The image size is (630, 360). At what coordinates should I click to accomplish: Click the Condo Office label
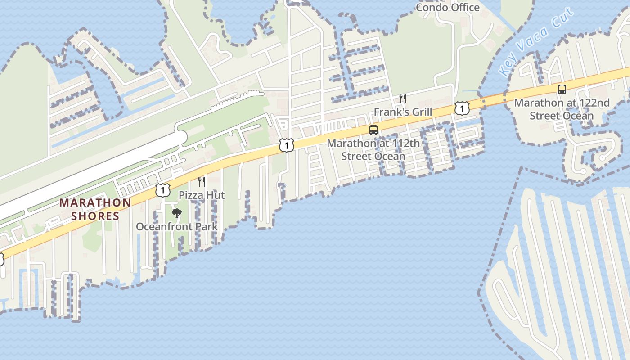tap(447, 7)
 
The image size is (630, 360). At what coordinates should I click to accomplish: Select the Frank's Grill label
tap(403, 112)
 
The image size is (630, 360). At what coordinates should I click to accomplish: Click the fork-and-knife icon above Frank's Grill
tap(403, 99)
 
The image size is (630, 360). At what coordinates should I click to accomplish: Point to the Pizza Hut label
tap(202, 195)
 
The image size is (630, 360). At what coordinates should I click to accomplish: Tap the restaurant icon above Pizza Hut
tap(202, 182)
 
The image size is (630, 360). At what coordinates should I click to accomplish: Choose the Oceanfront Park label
tap(177, 226)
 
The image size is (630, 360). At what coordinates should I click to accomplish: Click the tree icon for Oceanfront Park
tap(177, 213)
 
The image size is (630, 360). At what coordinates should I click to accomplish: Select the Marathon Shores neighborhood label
tap(95, 209)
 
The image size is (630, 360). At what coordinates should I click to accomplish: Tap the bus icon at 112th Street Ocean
tap(373, 130)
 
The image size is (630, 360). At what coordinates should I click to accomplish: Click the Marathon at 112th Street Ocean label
tap(373, 150)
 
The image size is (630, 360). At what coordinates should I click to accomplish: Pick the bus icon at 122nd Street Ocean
tap(562, 89)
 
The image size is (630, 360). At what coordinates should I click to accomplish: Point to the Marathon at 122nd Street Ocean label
tap(562, 109)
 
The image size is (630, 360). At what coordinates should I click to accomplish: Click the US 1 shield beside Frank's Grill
tap(462, 108)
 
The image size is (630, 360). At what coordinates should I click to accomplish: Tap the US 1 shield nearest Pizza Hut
tap(163, 190)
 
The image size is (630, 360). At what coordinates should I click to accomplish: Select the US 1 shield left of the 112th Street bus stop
tap(286, 145)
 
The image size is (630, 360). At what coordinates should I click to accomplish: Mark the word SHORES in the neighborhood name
tap(95, 216)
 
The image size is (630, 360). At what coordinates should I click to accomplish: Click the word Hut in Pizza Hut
tap(215, 195)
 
